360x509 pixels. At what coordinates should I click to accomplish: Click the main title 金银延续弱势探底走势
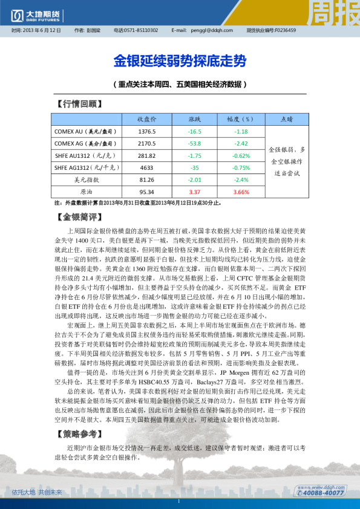point(180,62)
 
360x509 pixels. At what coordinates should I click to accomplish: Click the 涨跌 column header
point(195,119)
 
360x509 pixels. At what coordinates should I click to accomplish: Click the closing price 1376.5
point(147,131)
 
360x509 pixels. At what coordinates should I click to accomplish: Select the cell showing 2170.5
point(147,143)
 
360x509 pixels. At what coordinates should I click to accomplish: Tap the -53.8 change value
point(195,143)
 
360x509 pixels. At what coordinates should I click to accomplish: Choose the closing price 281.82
point(147,155)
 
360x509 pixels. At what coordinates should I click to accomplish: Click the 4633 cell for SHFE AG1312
point(147,167)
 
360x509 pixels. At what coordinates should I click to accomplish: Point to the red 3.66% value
point(241,192)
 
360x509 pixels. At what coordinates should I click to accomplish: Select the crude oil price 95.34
point(147,192)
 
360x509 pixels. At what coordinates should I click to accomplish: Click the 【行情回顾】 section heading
point(79,104)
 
